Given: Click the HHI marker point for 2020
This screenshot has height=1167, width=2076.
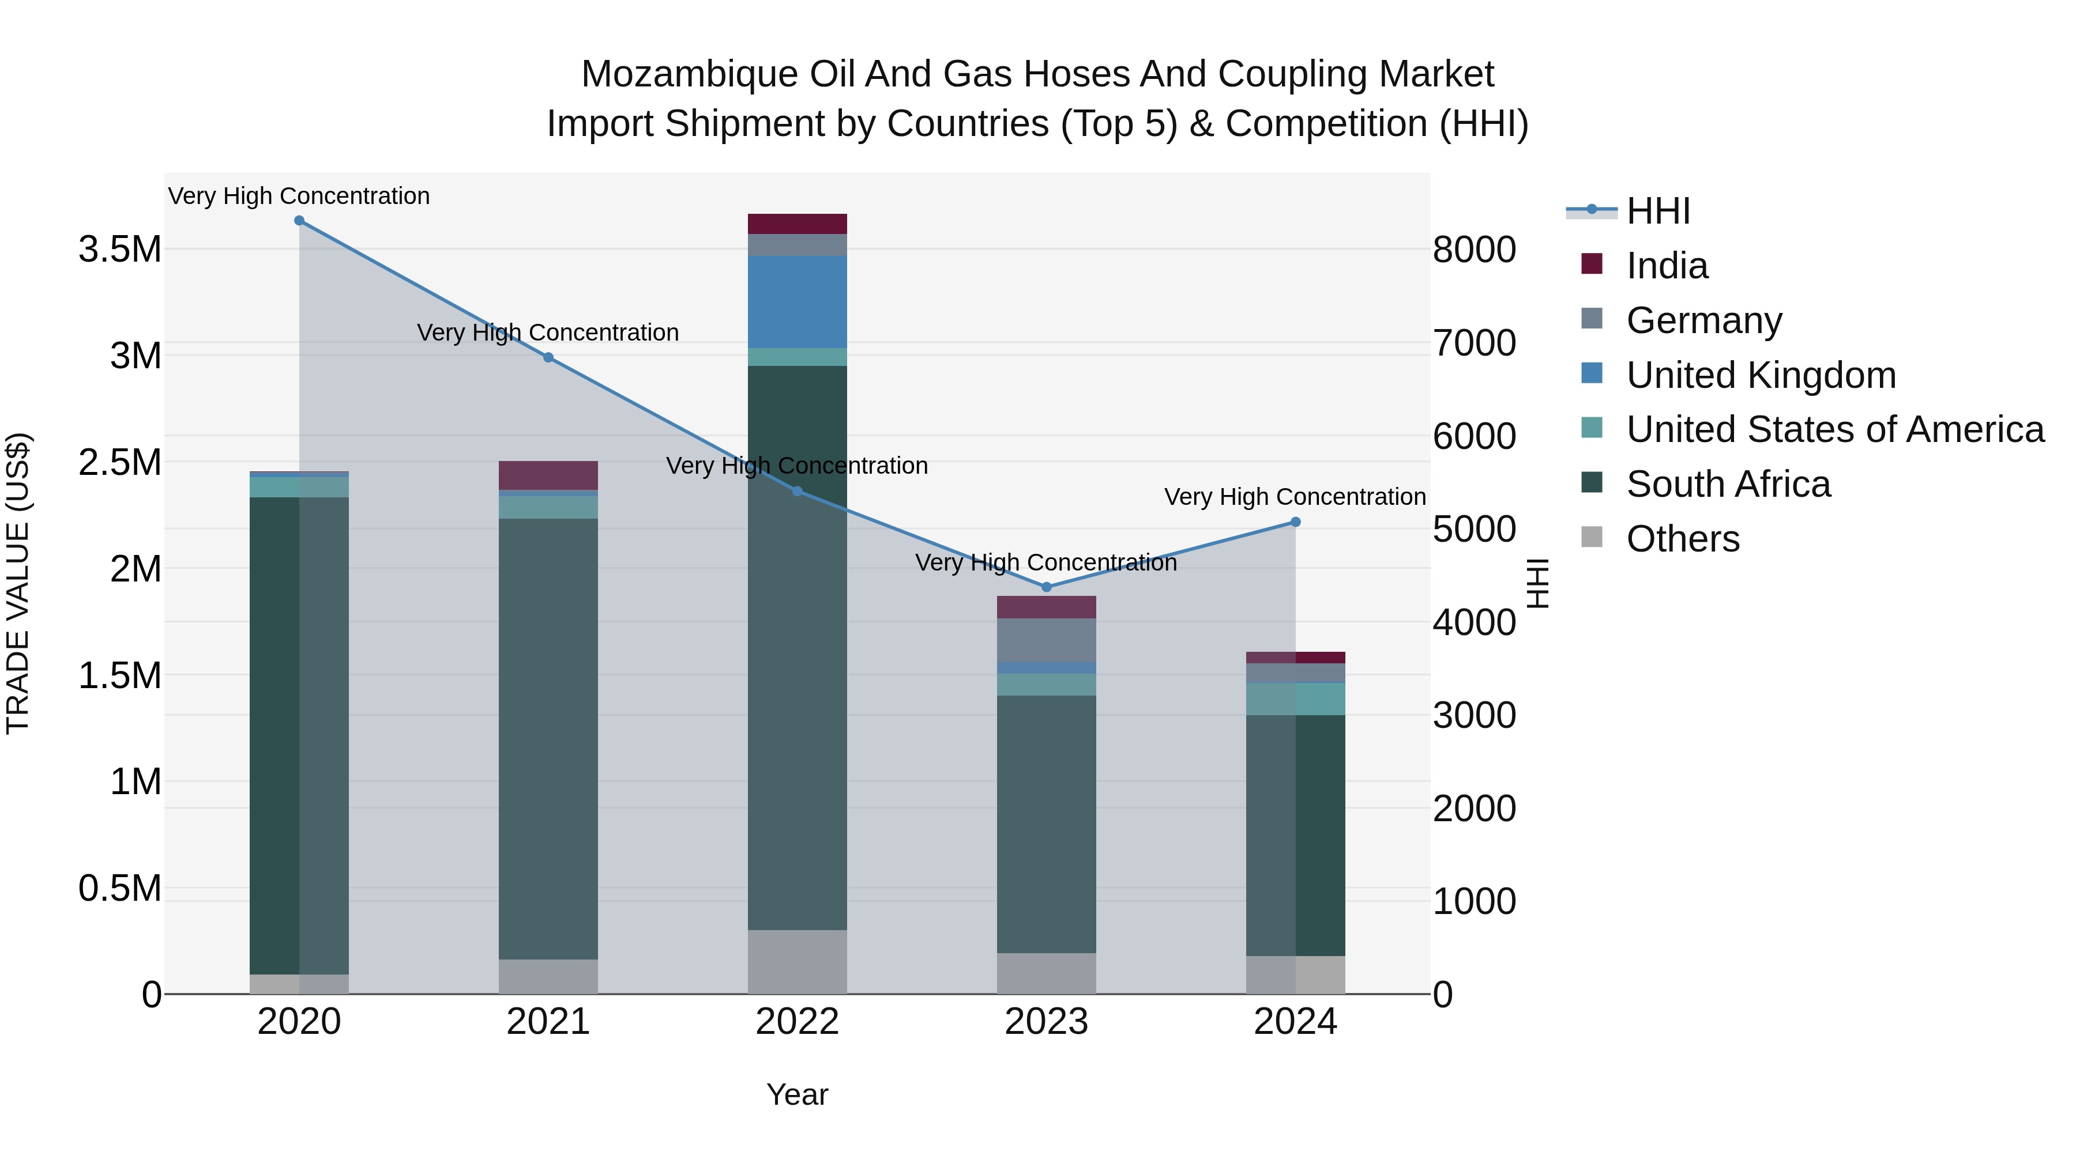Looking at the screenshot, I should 299,221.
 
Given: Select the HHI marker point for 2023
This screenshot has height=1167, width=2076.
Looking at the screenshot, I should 1046,587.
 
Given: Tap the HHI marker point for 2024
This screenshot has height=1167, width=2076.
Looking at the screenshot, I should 1295,522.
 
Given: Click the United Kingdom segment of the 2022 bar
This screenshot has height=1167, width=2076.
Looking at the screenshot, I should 797,302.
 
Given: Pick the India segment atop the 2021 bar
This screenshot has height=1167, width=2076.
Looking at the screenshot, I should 548,475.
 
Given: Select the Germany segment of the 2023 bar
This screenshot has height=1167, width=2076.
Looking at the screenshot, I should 1046,640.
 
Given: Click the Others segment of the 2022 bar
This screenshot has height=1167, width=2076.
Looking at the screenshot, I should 797,962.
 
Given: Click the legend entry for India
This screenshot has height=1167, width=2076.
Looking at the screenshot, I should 1667,266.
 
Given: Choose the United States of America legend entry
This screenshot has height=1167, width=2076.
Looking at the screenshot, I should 1834,429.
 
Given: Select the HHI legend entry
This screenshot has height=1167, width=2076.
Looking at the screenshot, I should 1658,211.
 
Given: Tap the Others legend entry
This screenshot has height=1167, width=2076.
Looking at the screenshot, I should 1682,539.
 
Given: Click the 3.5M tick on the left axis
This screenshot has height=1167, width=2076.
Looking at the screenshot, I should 120,250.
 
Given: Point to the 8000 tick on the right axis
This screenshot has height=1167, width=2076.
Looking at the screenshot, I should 1474,250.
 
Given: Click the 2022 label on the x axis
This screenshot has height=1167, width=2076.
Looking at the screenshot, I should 797,1022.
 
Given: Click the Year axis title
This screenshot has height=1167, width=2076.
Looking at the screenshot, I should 797,1094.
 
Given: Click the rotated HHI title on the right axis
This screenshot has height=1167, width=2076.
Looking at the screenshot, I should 1537,583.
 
